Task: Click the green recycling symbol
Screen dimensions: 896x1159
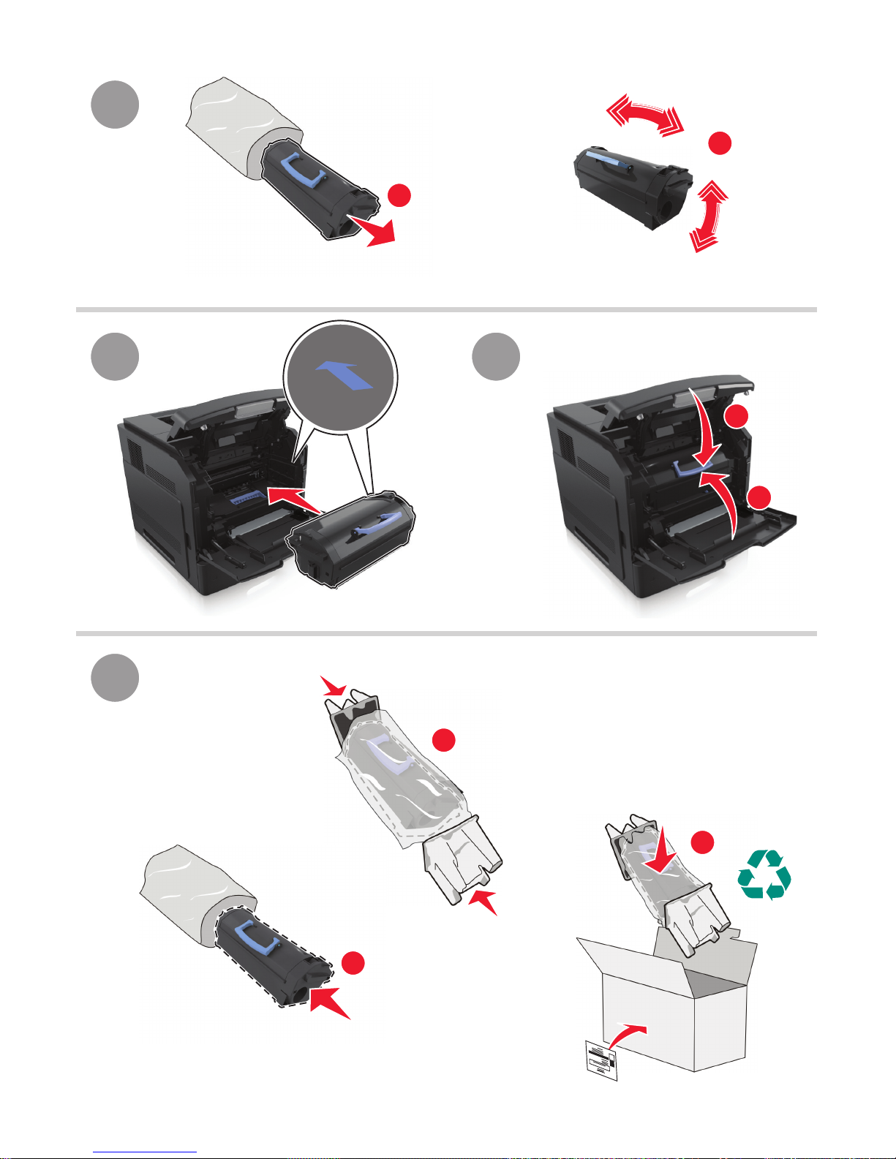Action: click(x=764, y=874)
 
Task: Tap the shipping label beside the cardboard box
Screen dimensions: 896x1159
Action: click(x=602, y=1060)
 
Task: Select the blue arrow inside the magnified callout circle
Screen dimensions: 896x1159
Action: click(x=345, y=375)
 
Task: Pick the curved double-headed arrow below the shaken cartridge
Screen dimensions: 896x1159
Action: click(x=707, y=217)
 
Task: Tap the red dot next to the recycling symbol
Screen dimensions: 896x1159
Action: click(x=703, y=842)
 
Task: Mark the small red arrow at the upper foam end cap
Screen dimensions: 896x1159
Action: click(x=334, y=687)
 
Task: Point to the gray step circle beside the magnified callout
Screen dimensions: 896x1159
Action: click(x=115, y=357)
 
